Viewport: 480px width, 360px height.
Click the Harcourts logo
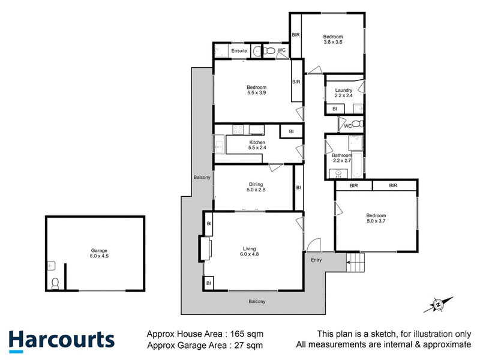coord(62,341)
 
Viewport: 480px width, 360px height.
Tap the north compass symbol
coord(439,305)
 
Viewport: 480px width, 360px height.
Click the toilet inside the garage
coord(55,283)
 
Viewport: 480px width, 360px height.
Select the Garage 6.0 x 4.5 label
coord(99,253)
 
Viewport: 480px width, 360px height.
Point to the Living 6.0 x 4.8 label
coord(249,251)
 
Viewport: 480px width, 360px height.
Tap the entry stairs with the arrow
coord(355,262)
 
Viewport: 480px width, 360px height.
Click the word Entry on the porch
coord(316,260)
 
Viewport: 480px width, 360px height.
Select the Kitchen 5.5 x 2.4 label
coord(257,145)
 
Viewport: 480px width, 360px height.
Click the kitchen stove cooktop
coord(238,130)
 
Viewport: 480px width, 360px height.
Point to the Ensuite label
coord(239,51)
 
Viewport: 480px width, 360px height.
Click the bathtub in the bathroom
coord(357,164)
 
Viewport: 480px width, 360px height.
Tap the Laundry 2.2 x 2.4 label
coord(343,93)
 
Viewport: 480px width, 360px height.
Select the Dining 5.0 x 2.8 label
coord(256,187)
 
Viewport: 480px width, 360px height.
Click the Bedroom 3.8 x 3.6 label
coord(333,39)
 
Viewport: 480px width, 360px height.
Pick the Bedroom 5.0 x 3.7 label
coord(376,218)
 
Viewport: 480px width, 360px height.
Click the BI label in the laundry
coord(335,109)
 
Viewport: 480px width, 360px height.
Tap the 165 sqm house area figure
coord(247,334)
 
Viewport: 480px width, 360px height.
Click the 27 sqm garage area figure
coord(248,346)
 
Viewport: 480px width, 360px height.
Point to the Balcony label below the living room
coord(257,302)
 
